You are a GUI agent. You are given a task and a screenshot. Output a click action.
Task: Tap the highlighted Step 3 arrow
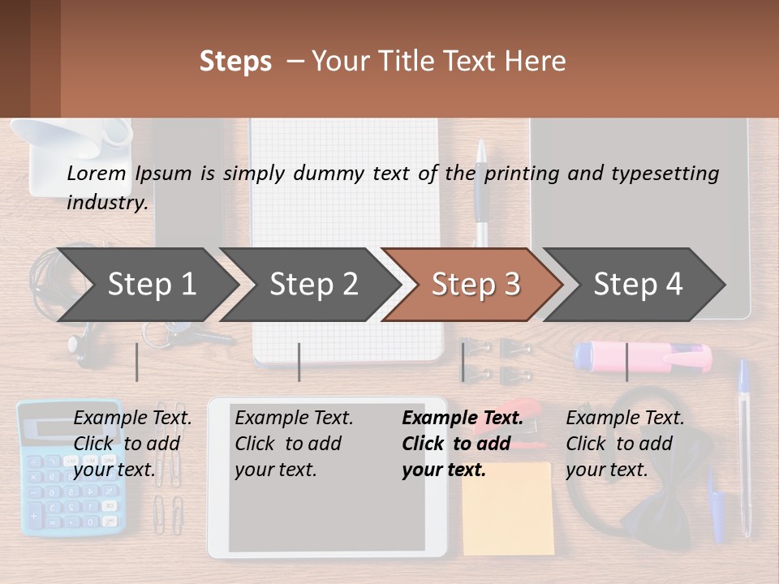(x=475, y=285)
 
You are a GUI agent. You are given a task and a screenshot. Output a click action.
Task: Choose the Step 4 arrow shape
(x=637, y=285)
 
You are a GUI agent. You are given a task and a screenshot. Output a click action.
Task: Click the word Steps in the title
(x=235, y=62)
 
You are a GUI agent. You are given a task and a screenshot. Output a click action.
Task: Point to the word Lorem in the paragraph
(x=97, y=173)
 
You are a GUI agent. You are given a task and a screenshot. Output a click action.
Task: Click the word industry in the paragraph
(x=106, y=202)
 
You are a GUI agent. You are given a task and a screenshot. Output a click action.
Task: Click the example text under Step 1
(x=131, y=444)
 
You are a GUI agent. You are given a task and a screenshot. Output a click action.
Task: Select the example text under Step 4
(x=624, y=444)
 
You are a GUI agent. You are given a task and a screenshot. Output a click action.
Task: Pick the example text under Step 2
(x=293, y=444)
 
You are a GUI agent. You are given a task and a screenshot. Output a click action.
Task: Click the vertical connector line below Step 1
(x=137, y=362)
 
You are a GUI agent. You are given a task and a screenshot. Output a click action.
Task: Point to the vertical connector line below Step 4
(x=626, y=362)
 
